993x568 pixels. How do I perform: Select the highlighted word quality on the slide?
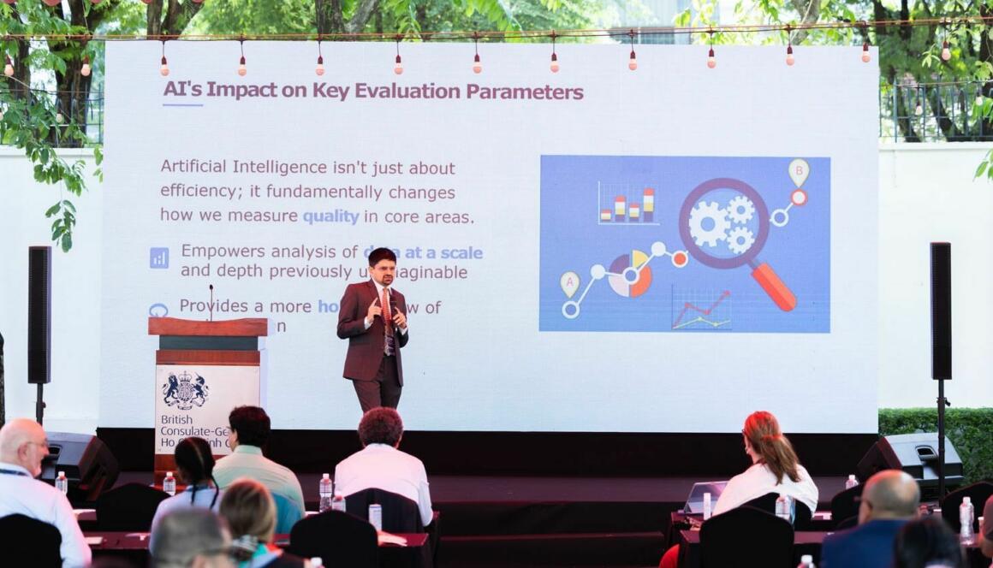tap(330, 217)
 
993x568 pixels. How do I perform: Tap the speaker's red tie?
tap(387, 309)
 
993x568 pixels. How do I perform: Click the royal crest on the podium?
tap(186, 390)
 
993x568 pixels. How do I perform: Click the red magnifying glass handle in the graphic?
tap(773, 287)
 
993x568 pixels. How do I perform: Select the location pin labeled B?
tap(798, 172)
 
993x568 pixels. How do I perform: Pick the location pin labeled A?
tap(569, 283)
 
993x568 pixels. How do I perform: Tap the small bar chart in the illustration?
tap(628, 205)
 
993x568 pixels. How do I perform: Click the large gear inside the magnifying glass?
tap(709, 224)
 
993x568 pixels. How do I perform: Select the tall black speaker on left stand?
tap(39, 314)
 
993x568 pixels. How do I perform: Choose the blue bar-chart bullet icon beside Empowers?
tap(159, 257)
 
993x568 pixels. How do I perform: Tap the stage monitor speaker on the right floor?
tap(910, 454)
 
